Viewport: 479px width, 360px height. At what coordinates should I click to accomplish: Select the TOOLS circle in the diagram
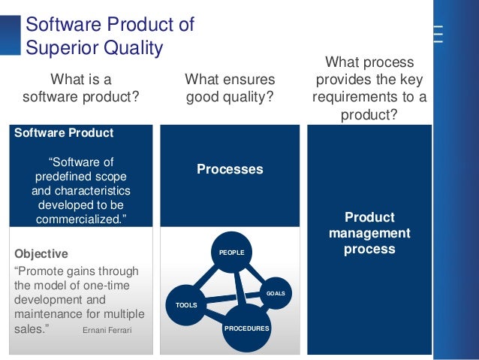[185, 305]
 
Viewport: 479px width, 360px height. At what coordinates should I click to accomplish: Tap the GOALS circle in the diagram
[276, 292]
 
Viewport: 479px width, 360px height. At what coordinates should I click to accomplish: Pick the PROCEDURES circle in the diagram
[246, 328]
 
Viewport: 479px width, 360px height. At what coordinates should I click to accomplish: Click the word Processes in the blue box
[230, 169]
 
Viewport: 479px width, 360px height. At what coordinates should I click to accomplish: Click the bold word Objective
[41, 254]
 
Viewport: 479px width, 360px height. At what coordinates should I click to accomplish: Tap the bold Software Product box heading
[65, 133]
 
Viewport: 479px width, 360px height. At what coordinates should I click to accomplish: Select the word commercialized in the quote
[81, 219]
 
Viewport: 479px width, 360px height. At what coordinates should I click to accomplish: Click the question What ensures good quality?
[230, 88]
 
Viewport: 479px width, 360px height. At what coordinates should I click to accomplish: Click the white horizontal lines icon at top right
[437, 34]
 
